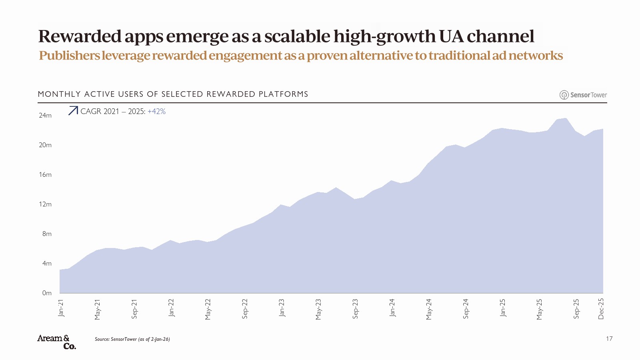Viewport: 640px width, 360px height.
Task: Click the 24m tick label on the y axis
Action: (x=45, y=116)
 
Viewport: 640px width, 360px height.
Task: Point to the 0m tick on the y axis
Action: (x=47, y=293)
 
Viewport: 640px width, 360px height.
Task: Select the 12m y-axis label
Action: (x=45, y=204)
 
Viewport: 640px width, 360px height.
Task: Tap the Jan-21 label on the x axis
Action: (x=61, y=308)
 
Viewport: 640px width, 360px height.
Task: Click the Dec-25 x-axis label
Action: (x=601, y=309)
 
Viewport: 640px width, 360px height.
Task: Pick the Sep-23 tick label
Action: (x=355, y=309)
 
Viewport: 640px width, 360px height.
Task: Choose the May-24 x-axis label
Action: (x=429, y=309)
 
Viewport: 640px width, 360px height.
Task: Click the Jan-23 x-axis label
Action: (x=282, y=308)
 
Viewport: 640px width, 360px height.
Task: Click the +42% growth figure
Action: (x=156, y=112)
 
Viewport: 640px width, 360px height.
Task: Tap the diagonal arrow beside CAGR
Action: (x=73, y=111)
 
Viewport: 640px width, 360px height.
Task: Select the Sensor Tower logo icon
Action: (x=564, y=95)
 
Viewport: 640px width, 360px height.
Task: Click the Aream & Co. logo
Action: (x=56, y=342)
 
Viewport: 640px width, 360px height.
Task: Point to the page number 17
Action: (x=609, y=339)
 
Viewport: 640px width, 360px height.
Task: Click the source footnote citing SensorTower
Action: (x=132, y=339)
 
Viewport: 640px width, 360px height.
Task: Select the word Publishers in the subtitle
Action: (x=69, y=56)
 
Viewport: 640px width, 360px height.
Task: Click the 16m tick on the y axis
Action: (x=45, y=175)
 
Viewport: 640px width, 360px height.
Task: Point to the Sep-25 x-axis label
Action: (x=576, y=309)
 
